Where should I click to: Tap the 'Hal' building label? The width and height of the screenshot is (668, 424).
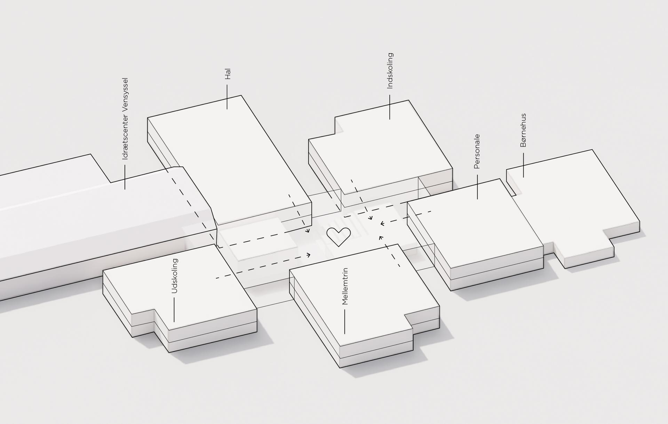coord(228,74)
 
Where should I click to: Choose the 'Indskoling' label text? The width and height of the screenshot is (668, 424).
coord(390,71)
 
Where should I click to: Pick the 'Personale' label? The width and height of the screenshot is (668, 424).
coord(477,151)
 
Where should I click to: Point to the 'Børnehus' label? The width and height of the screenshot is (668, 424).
coord(523,130)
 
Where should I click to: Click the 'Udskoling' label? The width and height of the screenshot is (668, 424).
coord(175,276)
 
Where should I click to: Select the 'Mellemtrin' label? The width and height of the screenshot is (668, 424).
coord(345,286)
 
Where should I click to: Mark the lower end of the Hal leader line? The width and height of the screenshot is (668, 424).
coord(227,109)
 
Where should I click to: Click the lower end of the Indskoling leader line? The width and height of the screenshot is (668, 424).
coord(390,119)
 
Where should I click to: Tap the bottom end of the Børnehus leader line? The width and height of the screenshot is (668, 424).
coord(523,177)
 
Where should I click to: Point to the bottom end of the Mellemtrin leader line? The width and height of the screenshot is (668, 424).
coord(345,334)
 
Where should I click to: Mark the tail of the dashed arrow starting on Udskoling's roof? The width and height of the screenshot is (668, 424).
coord(216,278)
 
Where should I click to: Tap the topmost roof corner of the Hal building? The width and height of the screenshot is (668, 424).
coord(241,95)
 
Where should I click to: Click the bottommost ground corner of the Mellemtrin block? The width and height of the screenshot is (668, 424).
coord(340,368)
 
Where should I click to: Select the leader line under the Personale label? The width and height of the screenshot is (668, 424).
coord(477,187)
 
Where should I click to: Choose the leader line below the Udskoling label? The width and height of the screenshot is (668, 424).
coord(174,310)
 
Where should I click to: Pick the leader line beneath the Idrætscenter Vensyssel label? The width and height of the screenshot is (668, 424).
coord(125,177)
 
